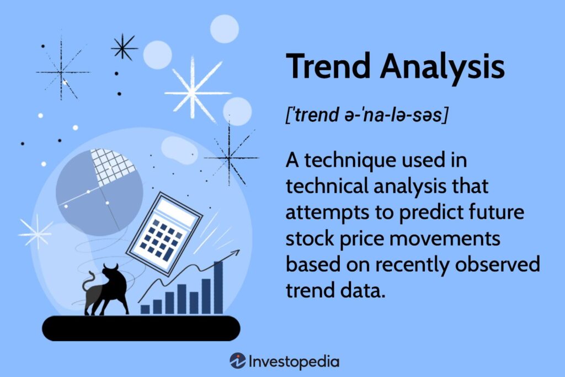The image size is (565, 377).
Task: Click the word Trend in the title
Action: click(x=328, y=67)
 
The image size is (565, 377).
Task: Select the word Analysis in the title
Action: click(x=442, y=67)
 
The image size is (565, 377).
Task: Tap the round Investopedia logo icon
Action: click(x=238, y=362)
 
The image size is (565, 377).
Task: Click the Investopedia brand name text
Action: click(x=294, y=362)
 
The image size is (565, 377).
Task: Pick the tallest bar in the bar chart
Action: click(x=218, y=287)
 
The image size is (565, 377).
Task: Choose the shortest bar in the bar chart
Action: click(x=145, y=309)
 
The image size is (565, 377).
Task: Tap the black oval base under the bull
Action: click(x=141, y=328)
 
